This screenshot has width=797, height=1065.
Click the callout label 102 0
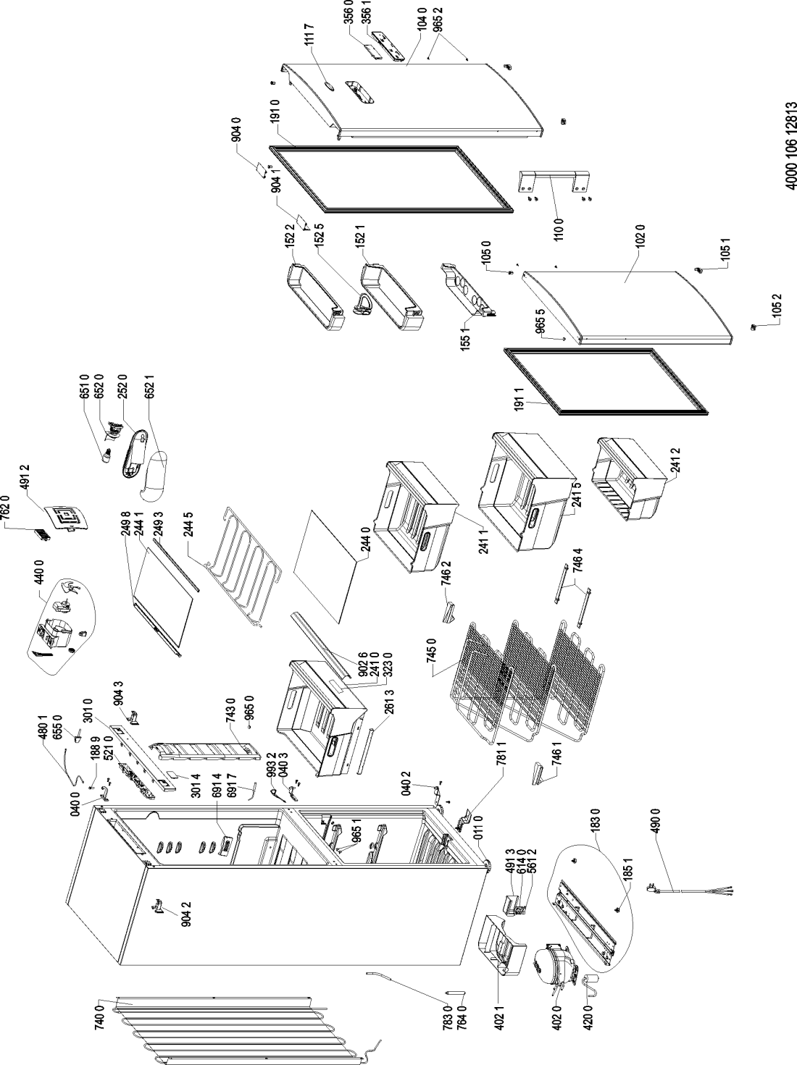639,244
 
